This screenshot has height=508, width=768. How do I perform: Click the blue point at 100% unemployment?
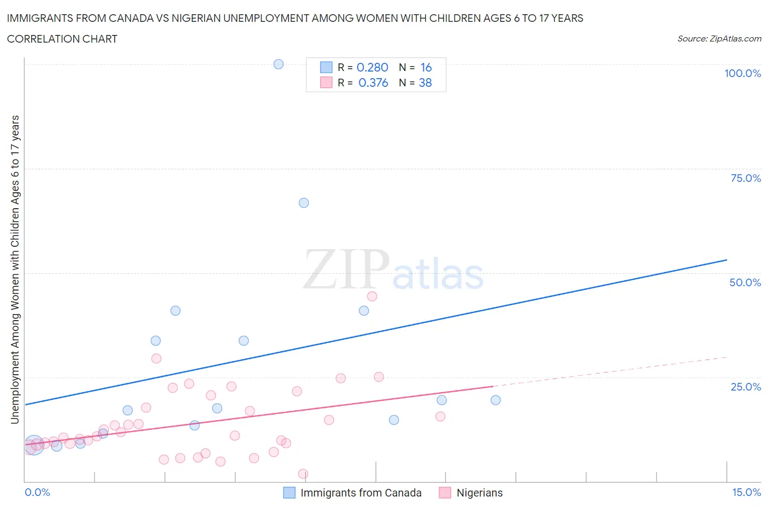point(279,64)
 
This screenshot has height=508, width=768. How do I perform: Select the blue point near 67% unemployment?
point(304,203)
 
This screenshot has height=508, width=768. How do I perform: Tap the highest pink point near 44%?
point(372,296)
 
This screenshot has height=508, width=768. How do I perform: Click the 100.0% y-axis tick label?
point(742,73)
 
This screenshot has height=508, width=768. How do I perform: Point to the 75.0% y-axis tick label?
point(745,178)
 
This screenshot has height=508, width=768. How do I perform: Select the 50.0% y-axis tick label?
point(745,282)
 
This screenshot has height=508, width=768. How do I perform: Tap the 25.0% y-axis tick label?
point(745,387)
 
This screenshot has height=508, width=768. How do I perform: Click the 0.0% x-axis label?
point(37,492)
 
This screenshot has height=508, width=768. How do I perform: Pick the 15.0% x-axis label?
point(746,492)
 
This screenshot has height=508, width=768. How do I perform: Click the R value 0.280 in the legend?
point(372,67)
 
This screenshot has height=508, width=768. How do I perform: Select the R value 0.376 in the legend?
point(373,82)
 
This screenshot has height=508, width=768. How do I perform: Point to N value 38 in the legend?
point(425,82)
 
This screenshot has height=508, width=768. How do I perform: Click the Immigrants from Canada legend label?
point(361,493)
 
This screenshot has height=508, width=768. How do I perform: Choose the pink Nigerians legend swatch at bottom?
point(445,493)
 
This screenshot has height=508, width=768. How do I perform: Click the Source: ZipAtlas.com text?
point(719,38)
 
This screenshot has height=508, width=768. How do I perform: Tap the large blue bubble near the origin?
point(34,446)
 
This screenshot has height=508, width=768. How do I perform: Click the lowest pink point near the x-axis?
point(303,474)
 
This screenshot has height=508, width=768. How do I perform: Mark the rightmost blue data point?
point(495,400)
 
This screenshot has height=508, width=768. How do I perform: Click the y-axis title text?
point(15,269)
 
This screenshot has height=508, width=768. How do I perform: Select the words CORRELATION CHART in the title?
point(62,39)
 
